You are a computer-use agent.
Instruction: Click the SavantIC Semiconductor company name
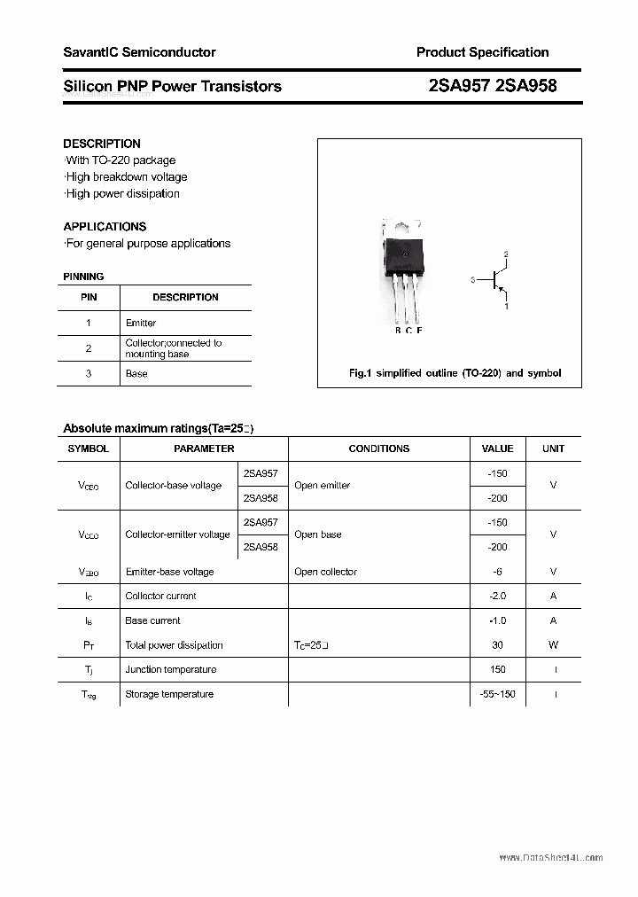(x=139, y=52)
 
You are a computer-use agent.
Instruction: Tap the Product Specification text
(x=482, y=52)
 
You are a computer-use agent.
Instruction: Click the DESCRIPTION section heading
(x=102, y=144)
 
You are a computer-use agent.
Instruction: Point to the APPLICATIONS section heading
(x=105, y=226)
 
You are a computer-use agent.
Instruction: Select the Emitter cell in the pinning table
(x=141, y=324)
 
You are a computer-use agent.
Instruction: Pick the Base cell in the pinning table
(x=136, y=374)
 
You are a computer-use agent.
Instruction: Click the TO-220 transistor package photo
(x=402, y=270)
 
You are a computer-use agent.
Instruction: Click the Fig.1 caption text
(x=455, y=373)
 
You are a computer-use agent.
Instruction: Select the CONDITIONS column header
(x=378, y=448)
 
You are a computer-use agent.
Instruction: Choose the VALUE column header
(x=497, y=448)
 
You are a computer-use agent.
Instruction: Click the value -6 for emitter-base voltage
(x=497, y=572)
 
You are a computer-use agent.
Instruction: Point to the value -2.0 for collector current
(x=497, y=597)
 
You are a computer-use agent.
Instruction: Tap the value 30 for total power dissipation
(x=497, y=645)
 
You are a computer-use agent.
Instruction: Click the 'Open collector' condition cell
(x=325, y=572)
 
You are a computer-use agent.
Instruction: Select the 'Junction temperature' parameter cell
(x=170, y=670)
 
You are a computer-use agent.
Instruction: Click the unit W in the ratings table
(x=554, y=645)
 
